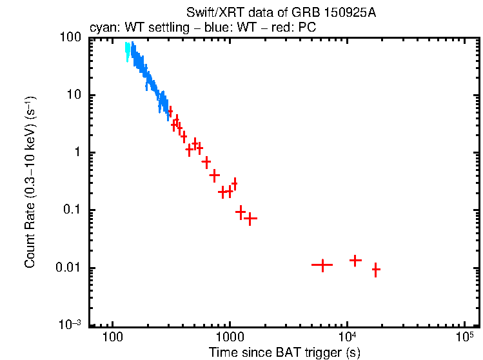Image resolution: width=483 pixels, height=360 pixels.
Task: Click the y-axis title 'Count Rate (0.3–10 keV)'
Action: pos(30,182)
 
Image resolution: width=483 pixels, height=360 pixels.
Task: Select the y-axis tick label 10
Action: pos(73,95)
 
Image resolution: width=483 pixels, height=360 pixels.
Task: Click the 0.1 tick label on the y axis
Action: pos(72,210)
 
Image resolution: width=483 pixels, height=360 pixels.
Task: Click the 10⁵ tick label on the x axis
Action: pos(464,338)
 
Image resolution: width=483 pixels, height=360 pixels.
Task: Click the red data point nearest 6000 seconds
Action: pos(322,265)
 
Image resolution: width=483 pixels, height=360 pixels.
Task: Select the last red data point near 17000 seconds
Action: pos(375,270)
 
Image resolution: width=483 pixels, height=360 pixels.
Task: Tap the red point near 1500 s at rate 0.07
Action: pos(250,219)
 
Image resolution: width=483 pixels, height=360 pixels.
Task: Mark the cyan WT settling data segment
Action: pos(128,51)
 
